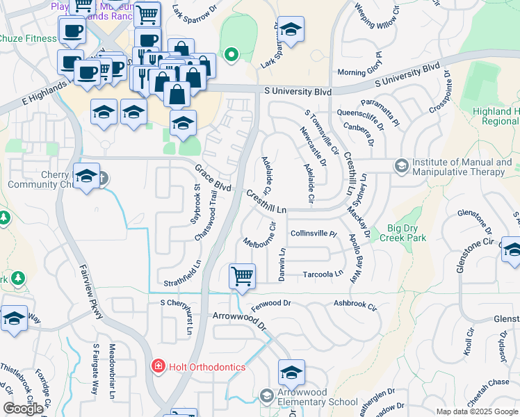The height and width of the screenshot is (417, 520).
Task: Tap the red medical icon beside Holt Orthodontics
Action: coord(158,366)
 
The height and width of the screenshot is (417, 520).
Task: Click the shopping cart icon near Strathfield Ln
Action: coord(242,275)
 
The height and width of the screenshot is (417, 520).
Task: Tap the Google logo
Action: coord(23,409)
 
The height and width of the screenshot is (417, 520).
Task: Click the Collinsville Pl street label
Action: coord(313,234)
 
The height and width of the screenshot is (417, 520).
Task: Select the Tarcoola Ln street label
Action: coord(323,274)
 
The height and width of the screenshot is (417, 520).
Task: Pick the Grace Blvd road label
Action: coord(213,178)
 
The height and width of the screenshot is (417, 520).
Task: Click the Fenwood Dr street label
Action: coord(270,304)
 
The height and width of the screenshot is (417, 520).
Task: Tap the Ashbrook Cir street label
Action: coord(355,304)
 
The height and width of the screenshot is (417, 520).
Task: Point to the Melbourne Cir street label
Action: coord(260,236)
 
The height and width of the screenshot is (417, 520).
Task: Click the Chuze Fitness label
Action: coord(28,38)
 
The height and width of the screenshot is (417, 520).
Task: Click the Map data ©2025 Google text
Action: coord(476,411)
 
